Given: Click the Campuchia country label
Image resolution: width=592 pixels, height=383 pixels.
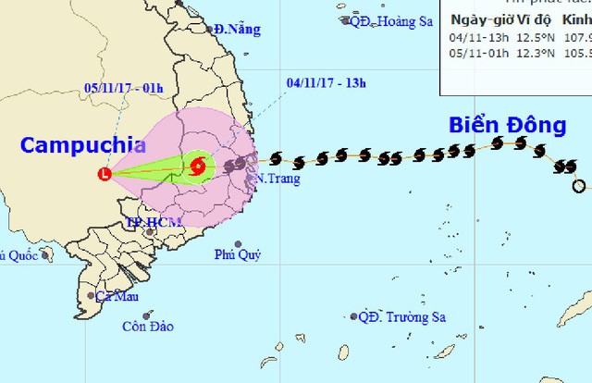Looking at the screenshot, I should click(x=83, y=144).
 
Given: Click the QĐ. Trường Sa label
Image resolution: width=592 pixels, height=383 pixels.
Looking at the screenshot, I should click(x=402, y=317).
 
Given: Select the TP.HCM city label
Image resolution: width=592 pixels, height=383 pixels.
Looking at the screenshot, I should click(x=151, y=223).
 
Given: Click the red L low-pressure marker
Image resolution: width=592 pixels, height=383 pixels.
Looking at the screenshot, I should click(x=105, y=173).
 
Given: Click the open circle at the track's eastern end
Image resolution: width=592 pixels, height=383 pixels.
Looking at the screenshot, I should click(x=579, y=186).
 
